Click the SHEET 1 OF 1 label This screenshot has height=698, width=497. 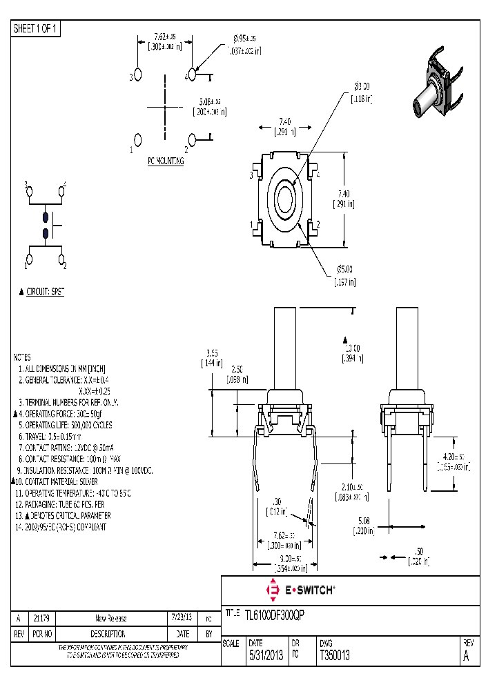pyautogui.click(x=37, y=28)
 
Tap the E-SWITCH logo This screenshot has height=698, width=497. pyautogui.click(x=301, y=590)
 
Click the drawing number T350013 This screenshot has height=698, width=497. pyautogui.click(x=335, y=656)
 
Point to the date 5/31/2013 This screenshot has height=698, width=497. pyautogui.click(x=265, y=656)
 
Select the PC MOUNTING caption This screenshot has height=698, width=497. pyautogui.click(x=166, y=161)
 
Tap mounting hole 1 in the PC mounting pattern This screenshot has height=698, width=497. pyautogui.click(x=137, y=141)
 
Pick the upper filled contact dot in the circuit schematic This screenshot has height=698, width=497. pyautogui.click(x=46, y=215)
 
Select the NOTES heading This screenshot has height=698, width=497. pyautogui.click(x=22, y=357)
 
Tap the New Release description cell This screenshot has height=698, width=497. pyautogui.click(x=110, y=618)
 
